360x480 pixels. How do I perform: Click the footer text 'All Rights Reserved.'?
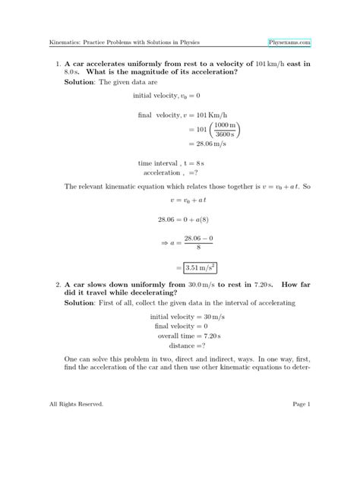(75, 447)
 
